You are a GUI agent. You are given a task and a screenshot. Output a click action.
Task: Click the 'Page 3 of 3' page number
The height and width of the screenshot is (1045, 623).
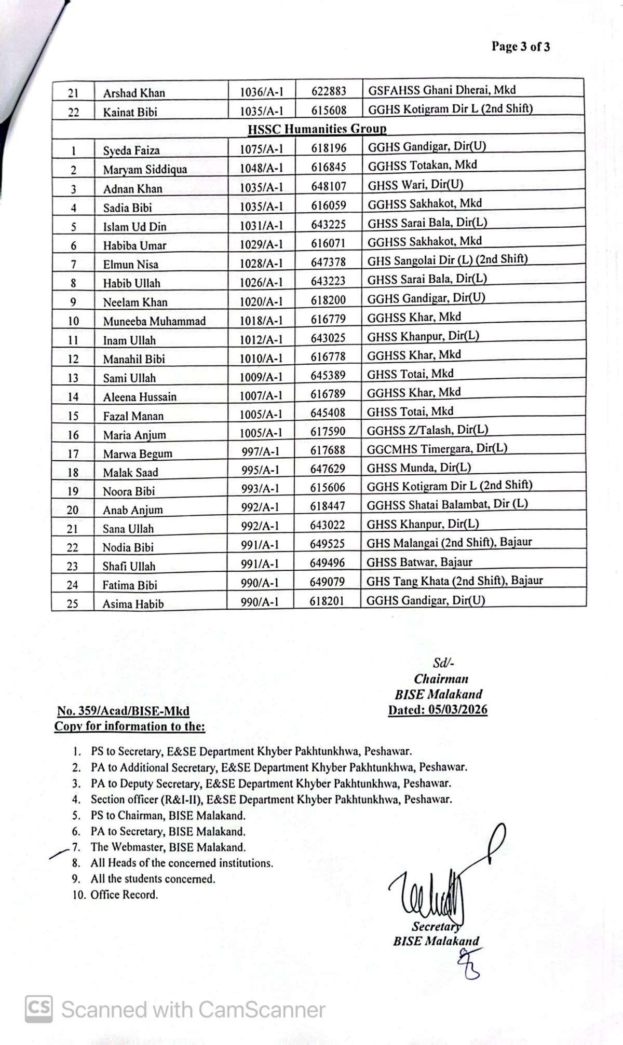[x=520, y=47]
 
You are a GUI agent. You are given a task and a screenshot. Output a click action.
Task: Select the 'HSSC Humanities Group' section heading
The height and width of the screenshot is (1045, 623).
[x=317, y=129]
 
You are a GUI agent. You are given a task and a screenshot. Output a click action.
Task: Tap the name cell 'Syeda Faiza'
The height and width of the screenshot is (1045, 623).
[x=131, y=150]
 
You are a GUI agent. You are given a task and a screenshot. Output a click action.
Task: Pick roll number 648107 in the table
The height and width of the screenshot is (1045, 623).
[x=329, y=186]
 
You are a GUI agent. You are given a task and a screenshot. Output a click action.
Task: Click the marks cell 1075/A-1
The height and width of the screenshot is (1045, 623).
[x=261, y=149]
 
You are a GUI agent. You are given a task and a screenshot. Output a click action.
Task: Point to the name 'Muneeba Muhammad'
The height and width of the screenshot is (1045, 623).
[x=154, y=321]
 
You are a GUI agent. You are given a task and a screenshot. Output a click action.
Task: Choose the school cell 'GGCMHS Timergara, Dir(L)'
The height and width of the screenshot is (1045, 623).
[x=437, y=448]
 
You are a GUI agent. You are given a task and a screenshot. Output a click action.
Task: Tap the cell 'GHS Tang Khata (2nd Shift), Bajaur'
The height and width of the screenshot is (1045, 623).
[x=454, y=581]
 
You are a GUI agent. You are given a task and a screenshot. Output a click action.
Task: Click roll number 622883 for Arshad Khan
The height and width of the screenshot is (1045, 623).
[x=329, y=91]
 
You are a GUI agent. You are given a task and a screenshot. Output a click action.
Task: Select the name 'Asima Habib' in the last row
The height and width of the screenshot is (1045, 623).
[x=133, y=603]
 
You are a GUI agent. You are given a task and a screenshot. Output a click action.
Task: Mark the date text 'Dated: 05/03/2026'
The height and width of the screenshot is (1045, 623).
[x=438, y=709]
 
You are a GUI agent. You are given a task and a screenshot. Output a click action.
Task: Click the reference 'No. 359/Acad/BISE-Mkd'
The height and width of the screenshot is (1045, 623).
[x=123, y=711]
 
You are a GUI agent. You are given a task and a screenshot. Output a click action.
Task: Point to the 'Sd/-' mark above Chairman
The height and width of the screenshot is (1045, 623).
[x=443, y=663]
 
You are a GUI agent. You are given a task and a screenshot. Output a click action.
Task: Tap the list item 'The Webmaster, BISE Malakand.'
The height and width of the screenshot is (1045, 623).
[x=168, y=847]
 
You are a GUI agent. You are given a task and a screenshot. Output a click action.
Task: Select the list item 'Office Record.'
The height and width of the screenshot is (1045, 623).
[x=124, y=894]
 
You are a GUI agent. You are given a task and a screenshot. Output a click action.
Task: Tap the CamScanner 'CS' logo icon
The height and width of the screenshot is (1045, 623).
[x=39, y=1009]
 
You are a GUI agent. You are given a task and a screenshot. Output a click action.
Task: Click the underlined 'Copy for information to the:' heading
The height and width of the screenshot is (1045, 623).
[x=130, y=726]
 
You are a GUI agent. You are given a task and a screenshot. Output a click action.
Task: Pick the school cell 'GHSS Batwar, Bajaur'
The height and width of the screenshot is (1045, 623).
[x=419, y=562]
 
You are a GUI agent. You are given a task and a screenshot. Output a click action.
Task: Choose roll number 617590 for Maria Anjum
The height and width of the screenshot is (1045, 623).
[x=328, y=431]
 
